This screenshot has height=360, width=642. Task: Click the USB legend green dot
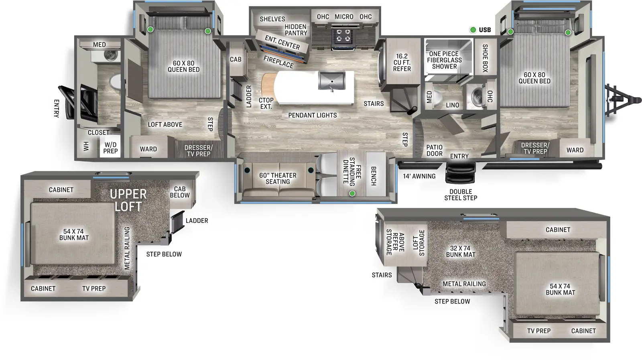(473, 30)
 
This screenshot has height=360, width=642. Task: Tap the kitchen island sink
(331, 81)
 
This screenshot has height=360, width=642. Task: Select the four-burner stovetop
(343, 35)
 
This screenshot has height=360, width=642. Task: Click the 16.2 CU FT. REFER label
(402, 63)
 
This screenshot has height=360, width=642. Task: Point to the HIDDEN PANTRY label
(296, 30)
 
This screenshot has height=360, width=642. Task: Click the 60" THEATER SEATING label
(278, 179)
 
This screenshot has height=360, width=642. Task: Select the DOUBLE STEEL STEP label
(461, 195)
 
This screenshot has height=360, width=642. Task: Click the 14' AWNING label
(419, 176)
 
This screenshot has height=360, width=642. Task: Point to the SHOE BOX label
(485, 58)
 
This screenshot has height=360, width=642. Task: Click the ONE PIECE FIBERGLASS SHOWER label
(444, 60)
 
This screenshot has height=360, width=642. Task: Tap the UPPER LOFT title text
(128, 200)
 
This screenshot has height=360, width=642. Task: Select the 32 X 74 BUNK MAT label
(460, 252)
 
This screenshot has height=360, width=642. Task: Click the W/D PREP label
(110, 148)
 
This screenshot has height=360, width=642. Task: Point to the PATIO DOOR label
(434, 151)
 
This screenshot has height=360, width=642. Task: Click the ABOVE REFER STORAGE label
(395, 242)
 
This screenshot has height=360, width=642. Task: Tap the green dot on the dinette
(352, 194)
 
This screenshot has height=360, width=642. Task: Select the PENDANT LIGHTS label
(312, 116)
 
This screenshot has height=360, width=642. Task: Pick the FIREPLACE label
(278, 62)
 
